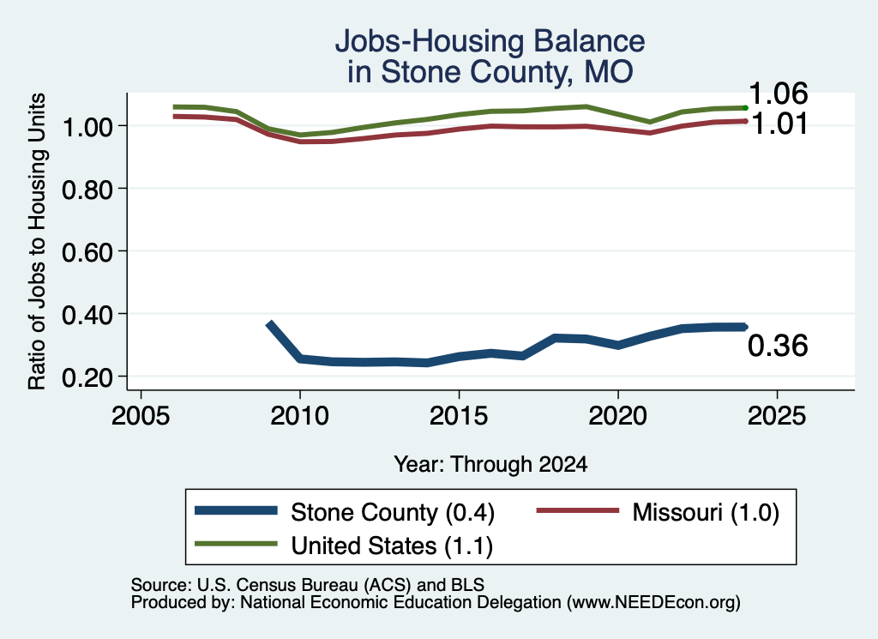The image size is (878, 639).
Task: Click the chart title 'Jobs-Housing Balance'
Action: coord(490,41)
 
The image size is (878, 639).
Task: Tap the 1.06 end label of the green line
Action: coord(779,93)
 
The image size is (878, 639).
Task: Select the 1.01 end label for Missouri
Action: coord(779,124)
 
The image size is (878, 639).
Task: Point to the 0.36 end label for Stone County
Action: coord(778,346)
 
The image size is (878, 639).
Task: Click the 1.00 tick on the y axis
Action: coord(87,127)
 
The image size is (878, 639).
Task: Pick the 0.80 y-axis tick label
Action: coord(87,190)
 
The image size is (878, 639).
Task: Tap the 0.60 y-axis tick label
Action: coord(87,252)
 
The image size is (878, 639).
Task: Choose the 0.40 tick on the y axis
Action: coord(87,316)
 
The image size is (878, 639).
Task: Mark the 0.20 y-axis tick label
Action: coord(87,378)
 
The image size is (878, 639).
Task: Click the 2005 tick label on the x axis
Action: coord(141,416)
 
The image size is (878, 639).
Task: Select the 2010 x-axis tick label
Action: coord(299,416)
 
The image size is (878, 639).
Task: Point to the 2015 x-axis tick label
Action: coord(459,416)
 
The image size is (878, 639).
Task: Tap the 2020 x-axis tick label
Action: coord(617,416)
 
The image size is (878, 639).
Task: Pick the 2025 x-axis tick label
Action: coord(777,416)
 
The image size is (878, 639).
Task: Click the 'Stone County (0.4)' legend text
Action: coord(393,512)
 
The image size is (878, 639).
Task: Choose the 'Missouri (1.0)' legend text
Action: coord(706,512)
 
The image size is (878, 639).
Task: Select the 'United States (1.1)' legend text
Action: coord(392,546)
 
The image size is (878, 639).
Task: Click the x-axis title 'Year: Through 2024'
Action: coord(490,464)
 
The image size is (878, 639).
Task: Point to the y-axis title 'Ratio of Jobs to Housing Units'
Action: coord(37,241)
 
